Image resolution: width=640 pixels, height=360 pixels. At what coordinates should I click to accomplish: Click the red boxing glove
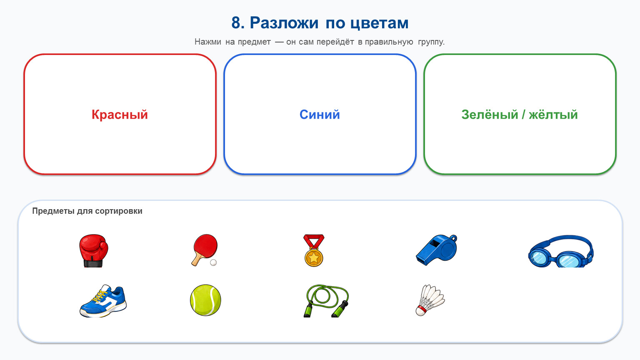pos(93,250)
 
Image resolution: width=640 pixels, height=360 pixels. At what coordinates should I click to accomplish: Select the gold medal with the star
pos(314,250)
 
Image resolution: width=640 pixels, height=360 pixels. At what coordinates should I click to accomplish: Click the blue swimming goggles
pos(560,251)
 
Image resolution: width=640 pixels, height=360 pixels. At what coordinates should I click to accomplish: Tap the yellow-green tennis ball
pos(205,300)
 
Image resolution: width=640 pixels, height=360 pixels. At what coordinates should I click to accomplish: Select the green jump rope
pos(326,300)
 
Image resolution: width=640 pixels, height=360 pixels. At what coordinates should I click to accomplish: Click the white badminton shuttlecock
pos(430,300)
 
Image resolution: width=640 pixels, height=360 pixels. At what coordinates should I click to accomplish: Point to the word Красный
pos(120,115)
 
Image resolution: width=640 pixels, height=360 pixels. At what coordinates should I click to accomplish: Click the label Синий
pos(320,115)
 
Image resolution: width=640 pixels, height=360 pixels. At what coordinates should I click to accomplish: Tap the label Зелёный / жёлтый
pos(520,115)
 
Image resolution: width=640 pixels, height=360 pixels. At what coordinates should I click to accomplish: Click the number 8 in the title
pos(236,22)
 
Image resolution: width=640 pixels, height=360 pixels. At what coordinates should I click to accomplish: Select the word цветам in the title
pos(380,23)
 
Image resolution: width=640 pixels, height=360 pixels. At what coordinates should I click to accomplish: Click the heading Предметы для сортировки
pos(87,211)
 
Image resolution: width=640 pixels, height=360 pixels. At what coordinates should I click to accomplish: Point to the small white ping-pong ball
pos(213,262)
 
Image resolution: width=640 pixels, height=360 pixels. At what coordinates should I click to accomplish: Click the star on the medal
pos(314,258)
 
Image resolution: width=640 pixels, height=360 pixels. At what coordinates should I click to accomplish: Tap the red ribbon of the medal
pos(314,242)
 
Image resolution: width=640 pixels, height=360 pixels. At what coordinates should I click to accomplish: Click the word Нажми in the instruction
pos(208,42)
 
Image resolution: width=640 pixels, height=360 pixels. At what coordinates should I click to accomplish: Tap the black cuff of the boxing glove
pos(92,264)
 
